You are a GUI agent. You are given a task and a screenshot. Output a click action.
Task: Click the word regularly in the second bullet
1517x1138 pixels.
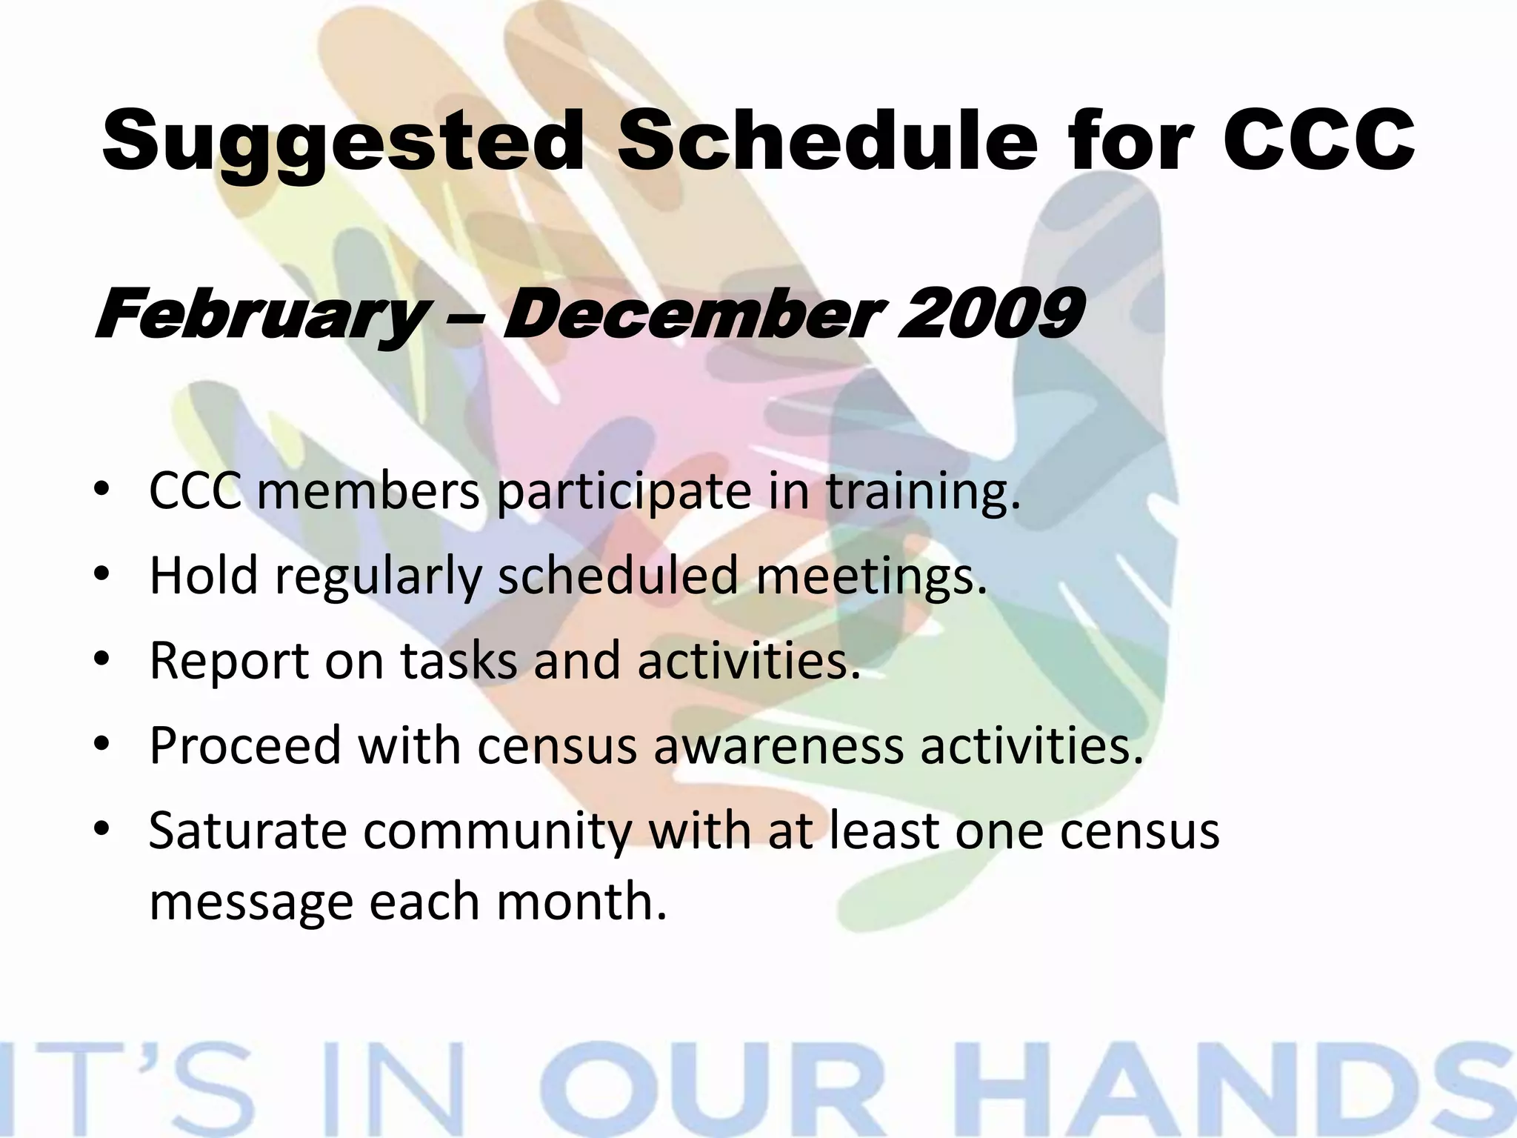378,576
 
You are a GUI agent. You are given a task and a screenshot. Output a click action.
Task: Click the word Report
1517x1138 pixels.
229,661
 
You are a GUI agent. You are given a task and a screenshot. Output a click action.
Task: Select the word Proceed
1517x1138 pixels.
245,745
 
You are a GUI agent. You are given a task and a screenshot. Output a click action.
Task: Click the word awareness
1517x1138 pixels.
778,745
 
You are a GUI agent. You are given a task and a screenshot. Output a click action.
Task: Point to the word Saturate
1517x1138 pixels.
247,830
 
